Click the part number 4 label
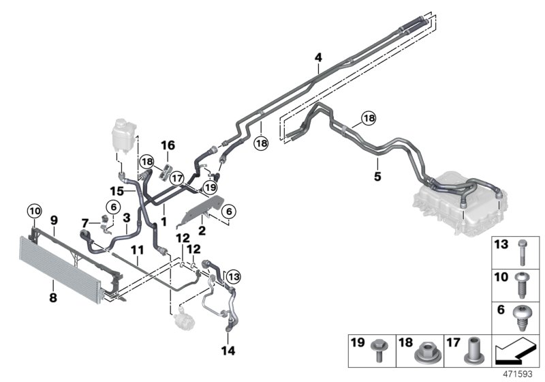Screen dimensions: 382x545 click(x=317, y=59)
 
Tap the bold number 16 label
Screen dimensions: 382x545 click(x=168, y=145)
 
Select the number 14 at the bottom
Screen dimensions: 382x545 click(x=228, y=351)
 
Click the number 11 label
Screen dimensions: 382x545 click(x=137, y=250)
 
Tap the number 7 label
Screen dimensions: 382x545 click(x=84, y=223)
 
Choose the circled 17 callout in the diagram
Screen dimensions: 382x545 click(x=178, y=176)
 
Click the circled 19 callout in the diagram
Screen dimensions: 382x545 click(x=211, y=186)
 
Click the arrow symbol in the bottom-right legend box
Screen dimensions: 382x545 click(x=516, y=351)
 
